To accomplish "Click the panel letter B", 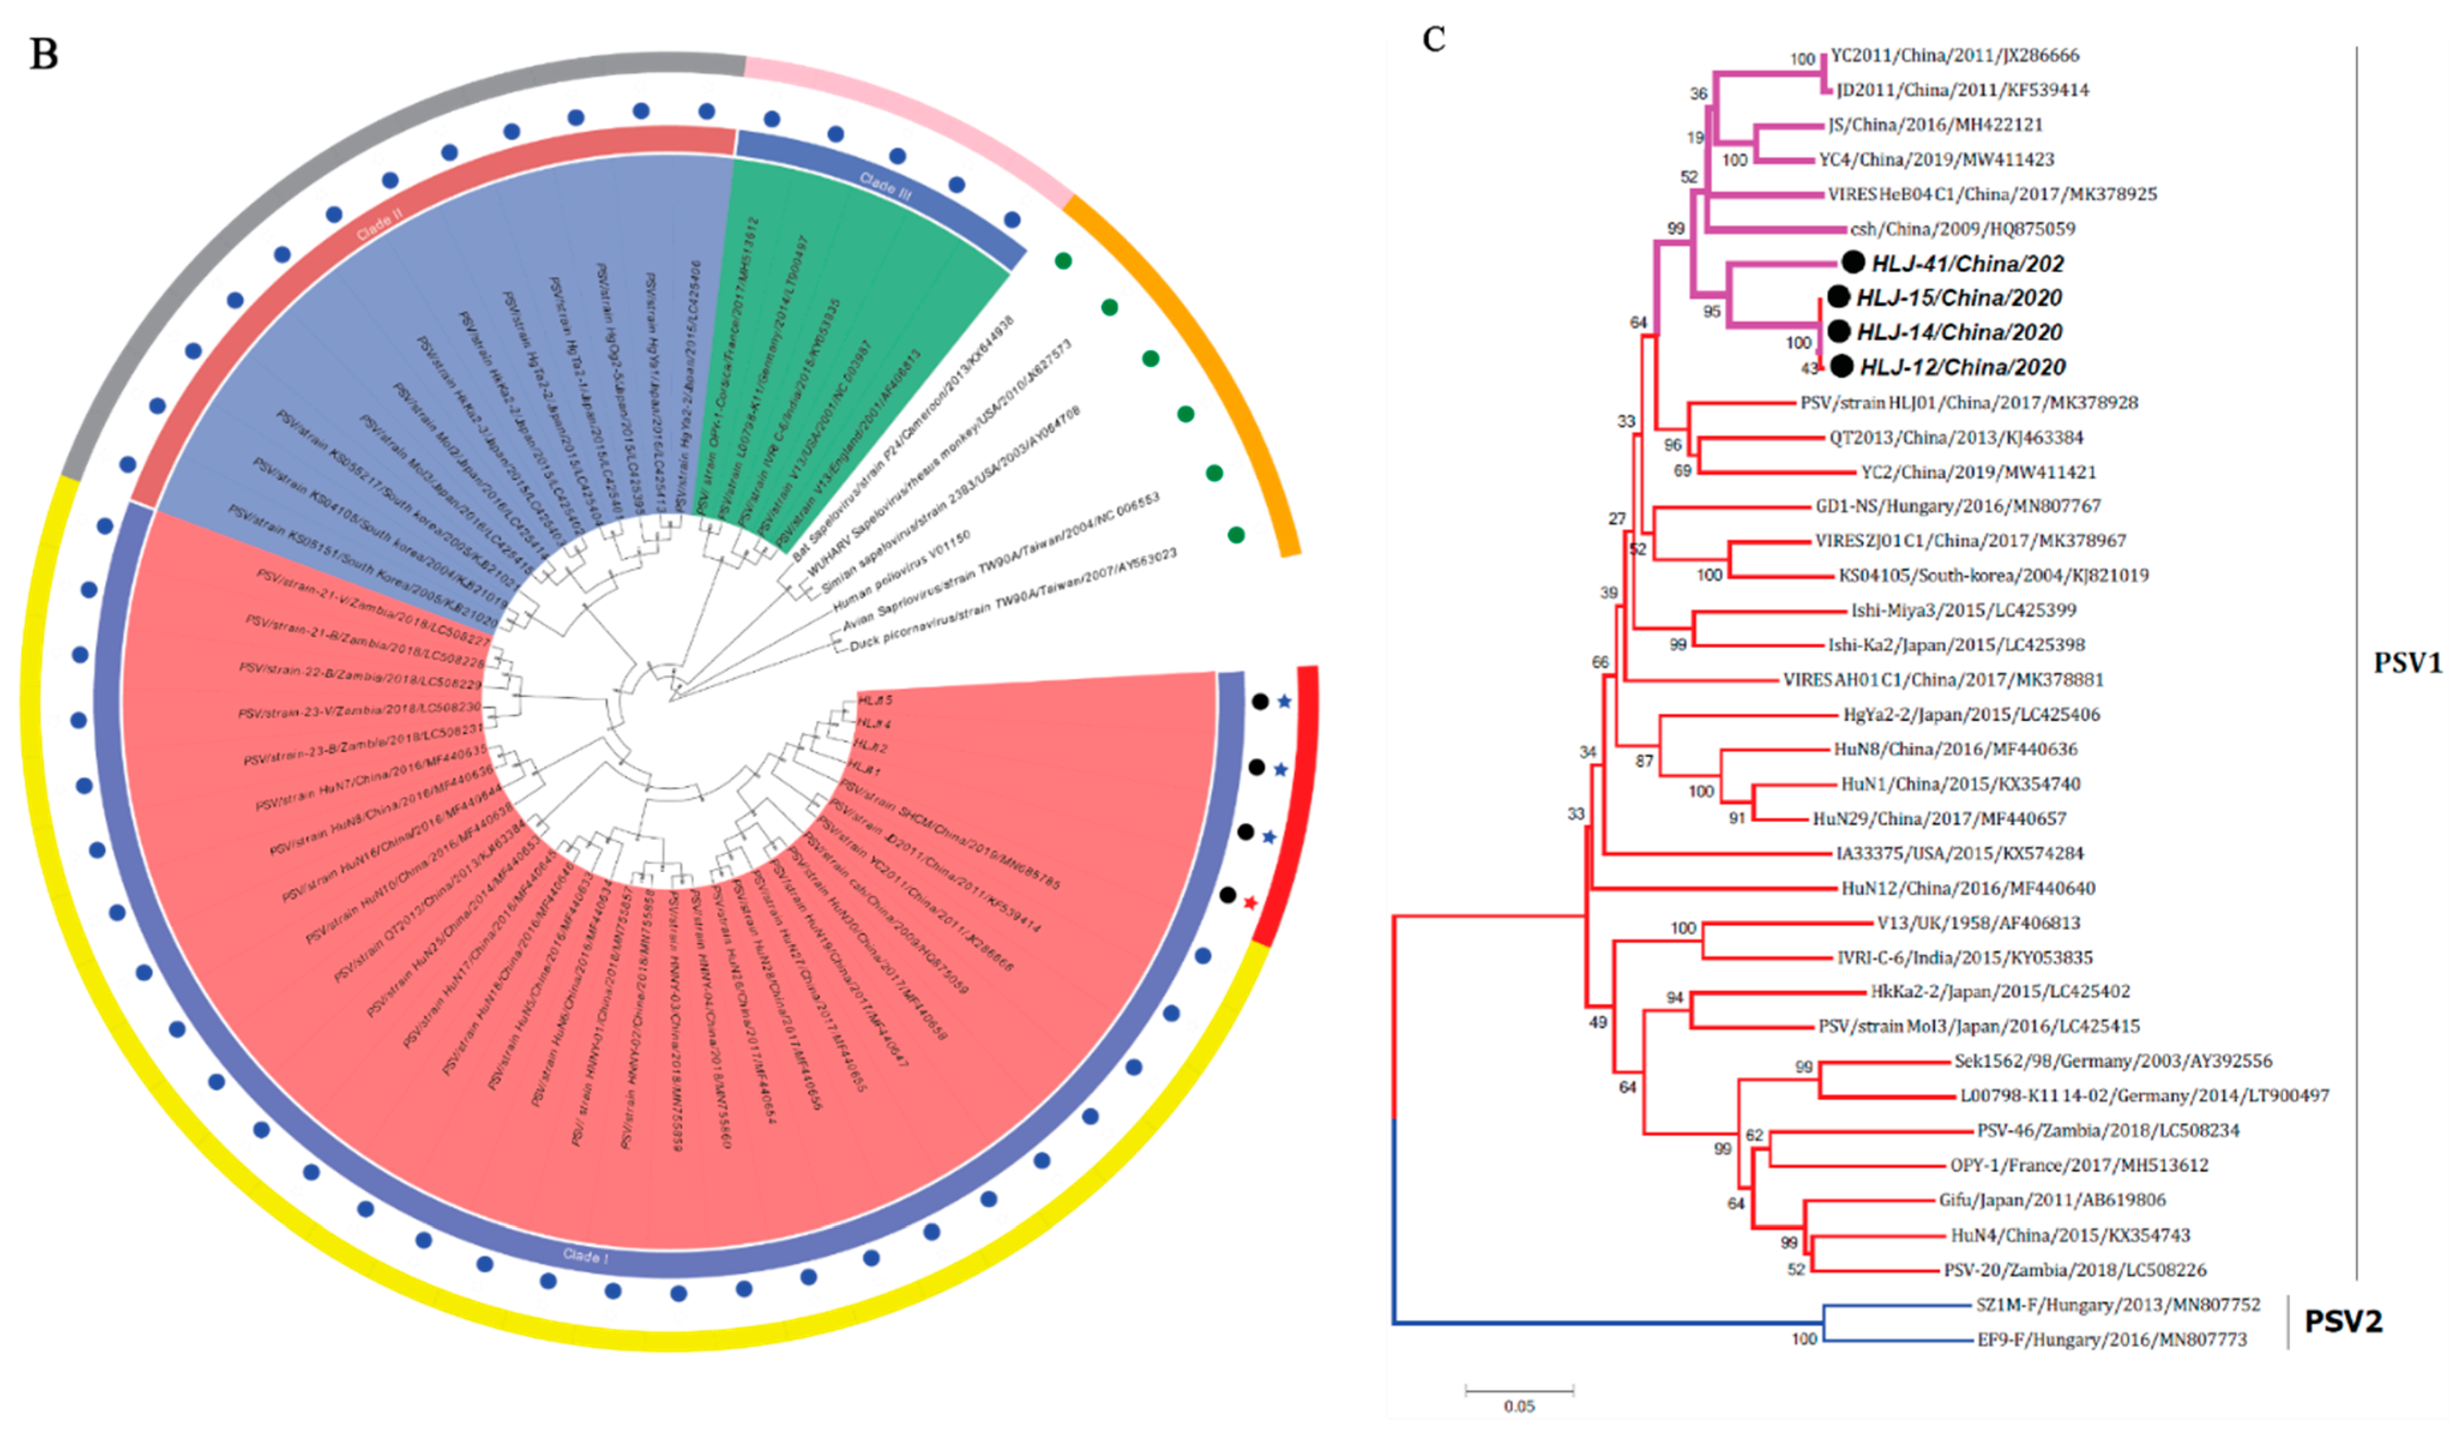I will [x=44, y=55].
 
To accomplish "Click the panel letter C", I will [x=1433, y=39].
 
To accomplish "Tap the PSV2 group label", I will [x=2343, y=1321].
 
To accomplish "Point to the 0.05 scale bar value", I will [x=1518, y=1407].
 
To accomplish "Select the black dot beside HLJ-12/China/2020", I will [x=1842, y=366].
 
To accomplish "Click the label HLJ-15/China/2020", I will [x=1958, y=298].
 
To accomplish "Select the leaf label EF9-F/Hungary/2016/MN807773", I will [x=2112, y=1340].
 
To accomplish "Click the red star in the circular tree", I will [x=1250, y=903].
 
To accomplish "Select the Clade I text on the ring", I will [x=586, y=1256].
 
